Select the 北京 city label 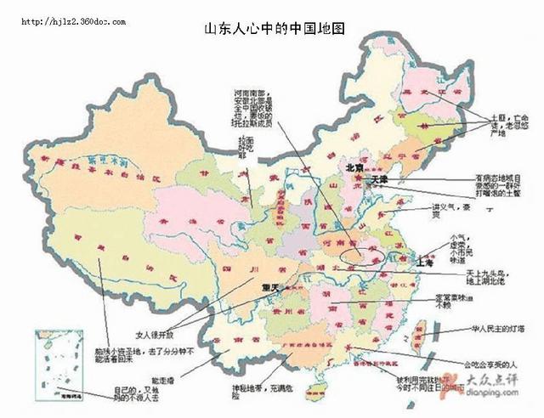(x=354, y=168)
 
